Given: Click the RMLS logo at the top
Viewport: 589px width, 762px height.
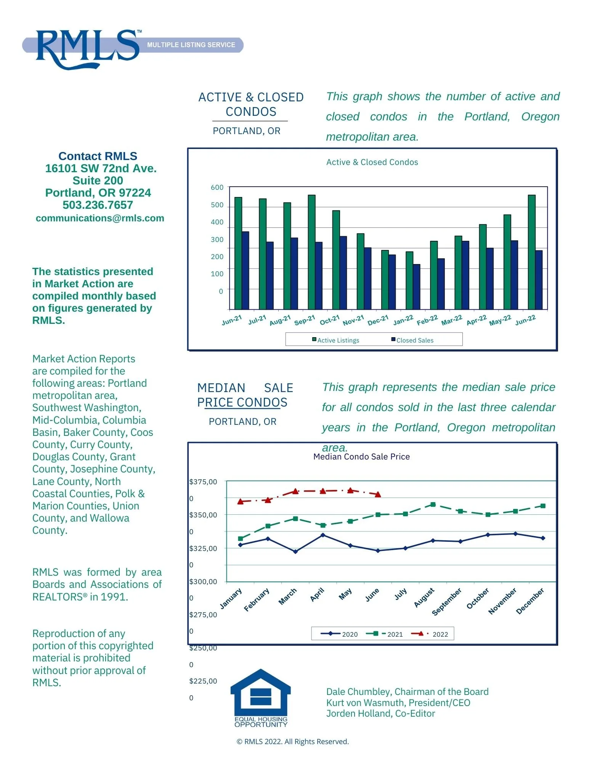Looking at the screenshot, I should tap(88, 49).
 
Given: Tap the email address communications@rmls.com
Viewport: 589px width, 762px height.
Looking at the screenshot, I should tap(100, 218).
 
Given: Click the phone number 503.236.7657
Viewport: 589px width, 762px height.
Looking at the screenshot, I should tap(98, 205).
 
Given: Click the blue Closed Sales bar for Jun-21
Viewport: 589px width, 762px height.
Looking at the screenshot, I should tap(245, 270).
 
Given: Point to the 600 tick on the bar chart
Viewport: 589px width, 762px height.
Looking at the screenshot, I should tap(217, 187).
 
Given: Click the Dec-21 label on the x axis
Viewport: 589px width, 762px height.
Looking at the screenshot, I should tap(378, 320).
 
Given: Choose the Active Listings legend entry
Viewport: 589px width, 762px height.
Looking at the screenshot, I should tap(336, 340).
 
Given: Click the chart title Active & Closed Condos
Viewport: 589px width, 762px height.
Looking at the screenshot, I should tap(372, 162).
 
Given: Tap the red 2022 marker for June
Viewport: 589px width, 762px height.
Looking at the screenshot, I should tap(378, 494).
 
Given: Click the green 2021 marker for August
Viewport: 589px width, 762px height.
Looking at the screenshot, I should tap(433, 504).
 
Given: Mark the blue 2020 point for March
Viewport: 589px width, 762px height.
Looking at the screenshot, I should tap(295, 551).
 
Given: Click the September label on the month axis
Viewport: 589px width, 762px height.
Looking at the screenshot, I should tap(447, 601).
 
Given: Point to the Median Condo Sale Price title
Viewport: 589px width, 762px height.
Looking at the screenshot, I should tap(361, 457).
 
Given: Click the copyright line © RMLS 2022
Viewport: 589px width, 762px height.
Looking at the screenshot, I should tap(293, 741).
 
